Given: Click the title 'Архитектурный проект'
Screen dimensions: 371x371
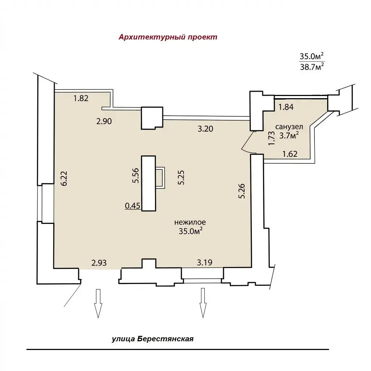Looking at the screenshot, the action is click(168, 37).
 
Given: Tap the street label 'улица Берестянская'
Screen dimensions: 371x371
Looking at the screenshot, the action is click(153, 339).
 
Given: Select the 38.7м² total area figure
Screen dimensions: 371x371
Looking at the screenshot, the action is click(312, 67).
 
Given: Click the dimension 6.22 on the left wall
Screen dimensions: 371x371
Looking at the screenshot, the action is click(64, 178).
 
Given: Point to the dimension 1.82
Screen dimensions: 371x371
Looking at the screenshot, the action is click(81, 98).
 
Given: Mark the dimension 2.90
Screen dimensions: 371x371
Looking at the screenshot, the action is click(104, 121).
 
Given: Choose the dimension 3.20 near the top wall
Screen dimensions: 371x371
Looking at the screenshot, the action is click(205, 129).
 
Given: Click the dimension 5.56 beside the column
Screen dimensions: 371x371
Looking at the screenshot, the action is click(136, 175).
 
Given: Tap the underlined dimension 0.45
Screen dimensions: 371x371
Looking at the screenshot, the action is click(133, 206).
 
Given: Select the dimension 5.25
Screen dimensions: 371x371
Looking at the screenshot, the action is click(181, 178).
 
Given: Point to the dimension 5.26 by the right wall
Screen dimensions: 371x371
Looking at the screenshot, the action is click(242, 191).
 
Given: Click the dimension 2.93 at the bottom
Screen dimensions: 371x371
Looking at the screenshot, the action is click(99, 263).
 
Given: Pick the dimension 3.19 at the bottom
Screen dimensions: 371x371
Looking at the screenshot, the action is click(205, 262).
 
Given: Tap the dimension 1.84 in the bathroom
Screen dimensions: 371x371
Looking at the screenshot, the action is click(286, 107).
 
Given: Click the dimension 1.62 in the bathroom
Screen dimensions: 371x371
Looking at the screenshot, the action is click(290, 154).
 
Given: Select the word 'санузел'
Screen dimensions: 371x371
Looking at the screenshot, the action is click(289, 127).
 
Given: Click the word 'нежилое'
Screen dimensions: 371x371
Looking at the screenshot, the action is click(190, 222).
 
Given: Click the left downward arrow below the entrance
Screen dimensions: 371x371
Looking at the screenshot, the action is click(98, 303).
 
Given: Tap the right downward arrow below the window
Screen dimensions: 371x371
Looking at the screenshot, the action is click(203, 303).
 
